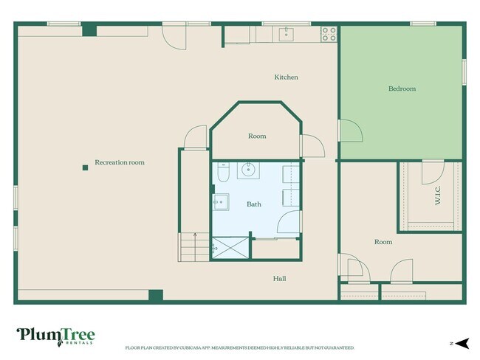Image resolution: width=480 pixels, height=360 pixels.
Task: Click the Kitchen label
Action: pos(286,77)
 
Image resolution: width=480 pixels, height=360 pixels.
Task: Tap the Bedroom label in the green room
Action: pos(402,89)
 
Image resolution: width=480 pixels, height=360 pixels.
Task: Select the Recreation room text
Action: pos(119,162)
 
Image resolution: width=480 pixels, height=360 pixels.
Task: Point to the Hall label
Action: pos(279,278)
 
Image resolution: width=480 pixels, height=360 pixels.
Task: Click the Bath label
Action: pos(253,204)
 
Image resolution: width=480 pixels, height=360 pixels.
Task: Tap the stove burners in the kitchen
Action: pos(329,33)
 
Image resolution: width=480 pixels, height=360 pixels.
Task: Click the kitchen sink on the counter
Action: pos(286,33)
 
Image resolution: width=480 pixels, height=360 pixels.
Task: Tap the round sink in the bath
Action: pos(250,170)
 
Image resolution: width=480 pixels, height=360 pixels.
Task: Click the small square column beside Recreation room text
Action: pos(86,167)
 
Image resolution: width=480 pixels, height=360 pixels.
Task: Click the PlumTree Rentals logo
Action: pos(55,336)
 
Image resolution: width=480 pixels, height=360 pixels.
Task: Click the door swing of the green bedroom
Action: pos(352,131)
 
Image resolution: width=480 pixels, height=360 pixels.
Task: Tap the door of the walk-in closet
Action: pos(432,174)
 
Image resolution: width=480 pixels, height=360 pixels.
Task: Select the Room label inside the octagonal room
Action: pos(256,136)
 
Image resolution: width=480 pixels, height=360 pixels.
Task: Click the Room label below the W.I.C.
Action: pos(383,242)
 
